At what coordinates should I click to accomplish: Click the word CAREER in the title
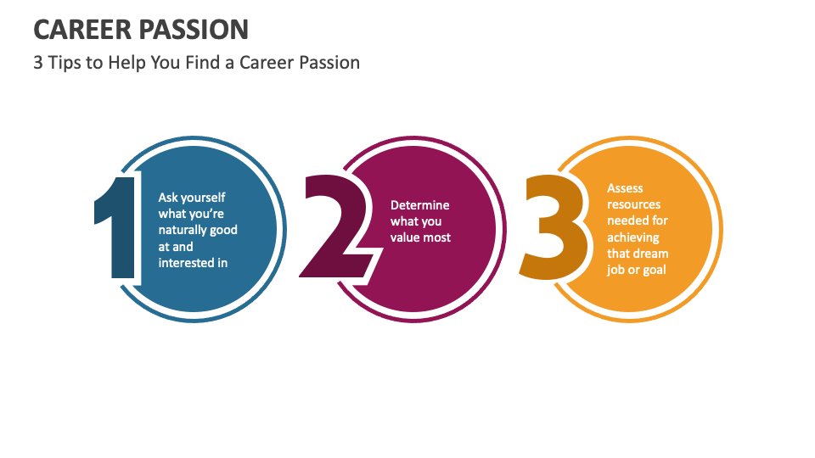(82, 30)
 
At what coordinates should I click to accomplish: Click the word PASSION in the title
(194, 30)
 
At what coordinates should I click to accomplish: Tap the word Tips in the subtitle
(65, 63)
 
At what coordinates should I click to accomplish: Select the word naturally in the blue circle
(182, 230)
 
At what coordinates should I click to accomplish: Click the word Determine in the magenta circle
(420, 205)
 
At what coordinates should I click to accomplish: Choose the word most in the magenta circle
(437, 237)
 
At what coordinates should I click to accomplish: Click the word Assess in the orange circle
(626, 188)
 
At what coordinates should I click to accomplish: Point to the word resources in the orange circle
(634, 204)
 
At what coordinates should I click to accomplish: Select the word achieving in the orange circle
(633, 237)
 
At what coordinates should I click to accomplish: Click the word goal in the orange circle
(655, 270)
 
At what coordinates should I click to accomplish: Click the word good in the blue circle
(223, 230)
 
